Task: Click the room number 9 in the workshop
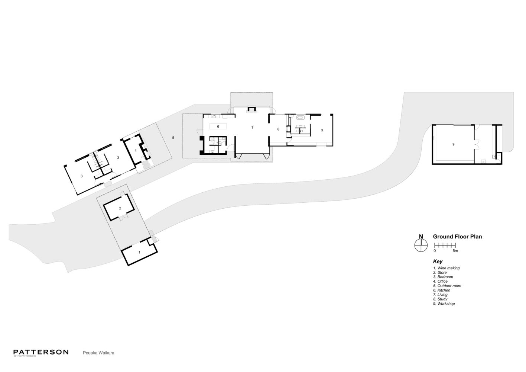tap(453, 144)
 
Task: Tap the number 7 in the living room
tap(252, 128)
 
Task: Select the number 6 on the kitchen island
tap(218, 126)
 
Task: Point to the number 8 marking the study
tap(278, 129)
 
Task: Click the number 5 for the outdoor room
tap(173, 138)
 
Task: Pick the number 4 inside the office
tap(136, 151)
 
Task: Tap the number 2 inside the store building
tap(120, 208)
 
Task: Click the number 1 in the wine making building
tap(139, 252)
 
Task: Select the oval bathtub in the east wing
tap(300, 118)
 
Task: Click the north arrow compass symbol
tap(421, 245)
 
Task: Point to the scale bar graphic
tap(445, 245)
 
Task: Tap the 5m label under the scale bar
tap(455, 251)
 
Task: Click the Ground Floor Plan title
tap(457, 237)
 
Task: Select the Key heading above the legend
tap(438, 262)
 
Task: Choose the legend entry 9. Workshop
tap(444, 304)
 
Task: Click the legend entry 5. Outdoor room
tap(447, 286)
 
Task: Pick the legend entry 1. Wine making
tap(446, 268)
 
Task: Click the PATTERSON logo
tap(41, 352)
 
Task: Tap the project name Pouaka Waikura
tap(98, 353)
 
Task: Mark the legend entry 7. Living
tap(440, 295)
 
